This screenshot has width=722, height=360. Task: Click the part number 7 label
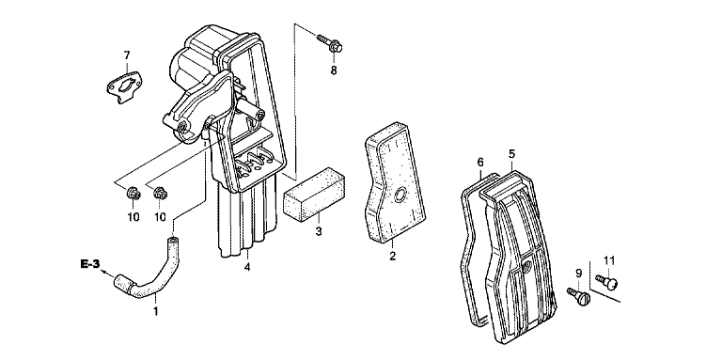[127, 55]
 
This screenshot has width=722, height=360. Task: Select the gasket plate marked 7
[123, 86]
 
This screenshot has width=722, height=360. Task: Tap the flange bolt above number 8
[330, 43]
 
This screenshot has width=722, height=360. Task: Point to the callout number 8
[334, 70]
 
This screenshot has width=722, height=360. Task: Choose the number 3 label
[319, 230]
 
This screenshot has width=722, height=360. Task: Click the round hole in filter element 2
[399, 196]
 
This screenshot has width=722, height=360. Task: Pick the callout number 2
[392, 256]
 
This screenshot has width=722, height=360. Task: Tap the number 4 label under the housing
[247, 267]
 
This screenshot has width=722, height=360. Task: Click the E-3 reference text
[90, 264]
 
